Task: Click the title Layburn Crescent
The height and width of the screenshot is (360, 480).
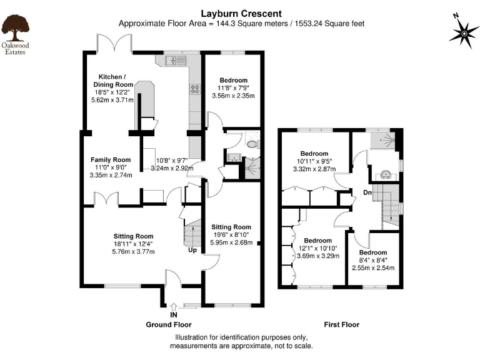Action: (232, 13)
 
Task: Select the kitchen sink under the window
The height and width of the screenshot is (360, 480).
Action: (176, 61)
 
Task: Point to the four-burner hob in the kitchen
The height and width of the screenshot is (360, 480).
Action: (194, 89)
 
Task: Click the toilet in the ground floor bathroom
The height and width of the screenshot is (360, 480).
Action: (252, 143)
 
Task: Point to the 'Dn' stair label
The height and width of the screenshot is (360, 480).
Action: (368, 192)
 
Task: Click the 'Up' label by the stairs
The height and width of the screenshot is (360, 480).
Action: (193, 250)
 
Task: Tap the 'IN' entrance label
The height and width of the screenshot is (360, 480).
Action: (174, 315)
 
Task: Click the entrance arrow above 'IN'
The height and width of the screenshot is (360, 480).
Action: (174, 306)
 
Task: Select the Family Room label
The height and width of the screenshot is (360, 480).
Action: (110, 160)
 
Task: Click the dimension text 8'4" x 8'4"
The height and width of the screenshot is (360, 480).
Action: (372, 260)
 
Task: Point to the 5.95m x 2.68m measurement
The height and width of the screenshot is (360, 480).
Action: (231, 242)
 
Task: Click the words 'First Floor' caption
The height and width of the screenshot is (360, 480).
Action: (341, 325)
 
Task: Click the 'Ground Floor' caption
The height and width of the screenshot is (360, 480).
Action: (169, 325)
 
